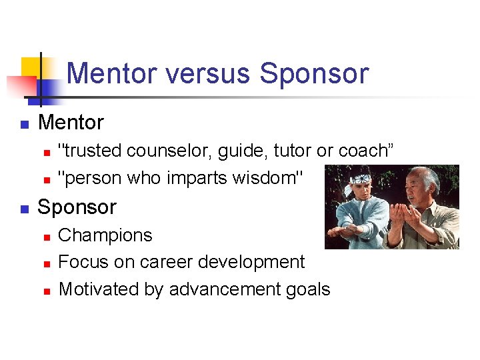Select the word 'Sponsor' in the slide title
pos(314,73)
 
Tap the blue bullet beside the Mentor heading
pos(23,124)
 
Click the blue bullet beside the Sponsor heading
pos(23,209)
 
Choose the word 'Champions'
pos(105,235)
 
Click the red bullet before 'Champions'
pos(46,237)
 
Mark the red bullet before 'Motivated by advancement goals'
pos(46,291)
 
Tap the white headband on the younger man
pos(361,179)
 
